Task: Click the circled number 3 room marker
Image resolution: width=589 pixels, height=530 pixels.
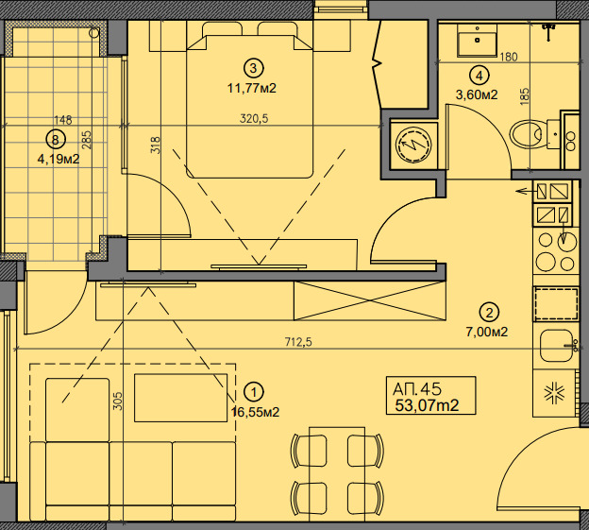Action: point(254,68)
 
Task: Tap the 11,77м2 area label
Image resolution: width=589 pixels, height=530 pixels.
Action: point(252,89)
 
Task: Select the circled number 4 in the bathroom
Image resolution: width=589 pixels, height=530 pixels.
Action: point(480,76)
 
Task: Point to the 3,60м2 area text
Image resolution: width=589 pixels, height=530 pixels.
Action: point(477,94)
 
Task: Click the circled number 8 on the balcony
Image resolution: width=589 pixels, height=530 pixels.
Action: point(56,140)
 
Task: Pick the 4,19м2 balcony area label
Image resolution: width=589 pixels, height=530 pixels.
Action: point(59,160)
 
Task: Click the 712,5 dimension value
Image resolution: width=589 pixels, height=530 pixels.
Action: point(298,342)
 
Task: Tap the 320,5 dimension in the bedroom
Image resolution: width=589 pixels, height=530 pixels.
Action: point(254,119)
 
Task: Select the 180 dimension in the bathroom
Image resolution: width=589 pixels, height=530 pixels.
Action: point(509,57)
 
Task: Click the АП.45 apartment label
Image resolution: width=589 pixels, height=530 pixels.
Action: point(417,388)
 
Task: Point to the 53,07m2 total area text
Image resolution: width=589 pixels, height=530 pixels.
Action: point(427,405)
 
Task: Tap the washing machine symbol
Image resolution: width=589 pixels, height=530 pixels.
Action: point(413,144)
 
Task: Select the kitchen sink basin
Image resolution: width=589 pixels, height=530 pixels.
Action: point(556,346)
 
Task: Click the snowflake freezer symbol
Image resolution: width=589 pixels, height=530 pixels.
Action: point(555,394)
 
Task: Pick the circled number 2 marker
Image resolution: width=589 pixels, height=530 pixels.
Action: point(490,313)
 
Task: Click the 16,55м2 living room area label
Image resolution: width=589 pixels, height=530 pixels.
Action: point(256,412)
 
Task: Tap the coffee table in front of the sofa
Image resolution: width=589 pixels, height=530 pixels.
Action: point(180,398)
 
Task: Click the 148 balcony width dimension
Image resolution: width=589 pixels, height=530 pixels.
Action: point(62,120)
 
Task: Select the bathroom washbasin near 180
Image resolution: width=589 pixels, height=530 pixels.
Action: point(477,41)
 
